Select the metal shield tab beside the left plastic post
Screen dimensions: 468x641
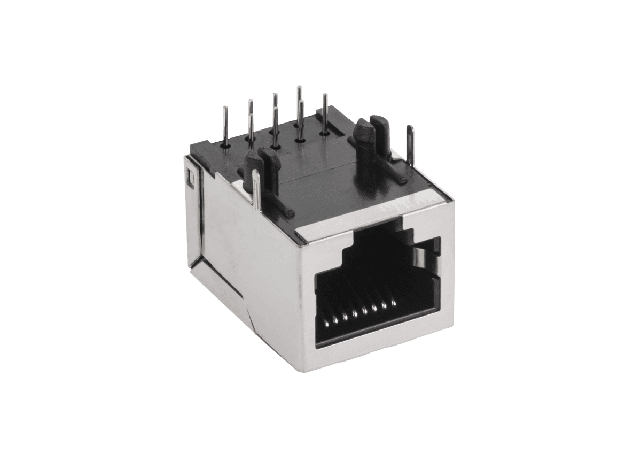pyautogui.click(x=257, y=190)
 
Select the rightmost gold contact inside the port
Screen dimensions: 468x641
pyautogui.click(x=394, y=304)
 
